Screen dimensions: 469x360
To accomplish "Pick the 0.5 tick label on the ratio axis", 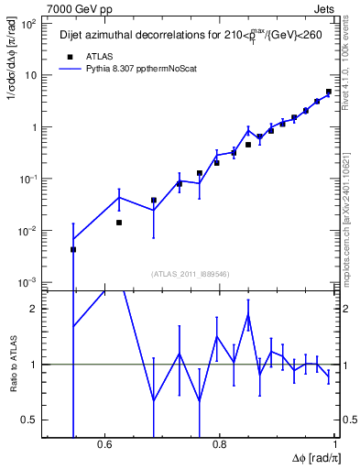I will click(x=29, y=420).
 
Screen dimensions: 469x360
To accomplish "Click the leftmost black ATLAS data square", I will click(x=73, y=249).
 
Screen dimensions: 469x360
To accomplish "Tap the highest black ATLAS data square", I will click(x=328, y=92).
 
